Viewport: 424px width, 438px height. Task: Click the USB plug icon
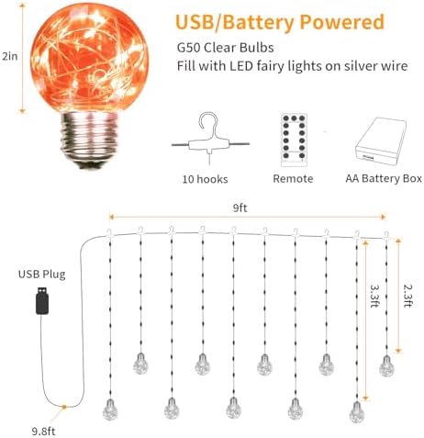[x=42, y=300]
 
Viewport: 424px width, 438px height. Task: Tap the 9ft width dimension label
[x=240, y=208]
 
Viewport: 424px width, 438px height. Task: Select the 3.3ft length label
[x=374, y=296]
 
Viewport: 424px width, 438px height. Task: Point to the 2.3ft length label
[x=407, y=296]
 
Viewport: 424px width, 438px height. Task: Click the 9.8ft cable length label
[x=44, y=432]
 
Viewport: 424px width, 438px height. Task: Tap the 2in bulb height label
[x=10, y=56]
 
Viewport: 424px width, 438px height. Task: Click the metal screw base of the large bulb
[x=90, y=140]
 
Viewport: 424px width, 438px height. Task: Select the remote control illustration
[x=294, y=140]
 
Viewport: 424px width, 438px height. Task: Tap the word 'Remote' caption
[x=293, y=179]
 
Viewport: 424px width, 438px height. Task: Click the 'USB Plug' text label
[x=41, y=275]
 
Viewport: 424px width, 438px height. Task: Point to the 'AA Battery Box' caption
[x=384, y=179]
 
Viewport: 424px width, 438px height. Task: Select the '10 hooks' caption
[x=205, y=179]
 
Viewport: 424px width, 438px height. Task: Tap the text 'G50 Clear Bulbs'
[x=226, y=48]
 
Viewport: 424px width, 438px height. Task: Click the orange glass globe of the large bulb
[x=89, y=58]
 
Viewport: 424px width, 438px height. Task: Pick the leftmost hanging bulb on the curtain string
[x=110, y=410]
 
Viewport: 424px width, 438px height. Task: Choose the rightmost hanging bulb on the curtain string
[x=386, y=365]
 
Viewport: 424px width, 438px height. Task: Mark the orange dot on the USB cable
[x=64, y=407]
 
